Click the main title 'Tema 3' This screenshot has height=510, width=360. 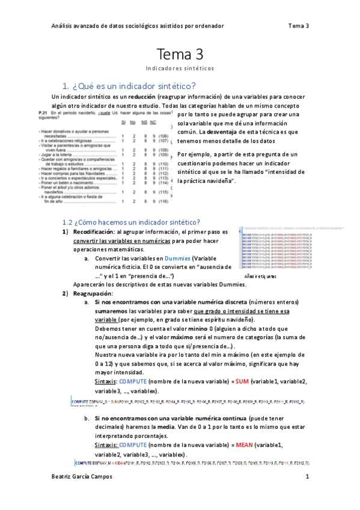tap(180, 55)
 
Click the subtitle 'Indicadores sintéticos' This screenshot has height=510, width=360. tap(180, 69)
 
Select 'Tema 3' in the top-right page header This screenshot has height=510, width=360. tap(298, 26)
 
